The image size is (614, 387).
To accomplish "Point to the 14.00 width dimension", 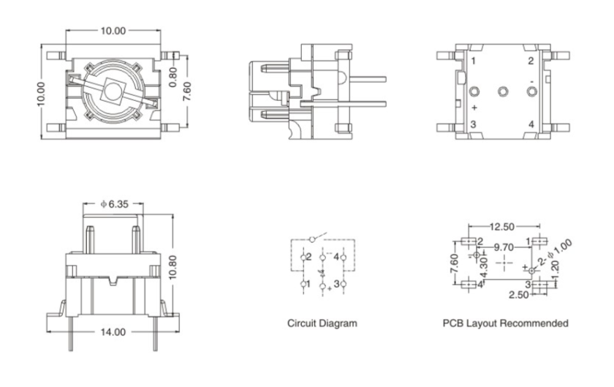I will (x=113, y=331).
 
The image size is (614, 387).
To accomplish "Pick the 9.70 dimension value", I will (x=505, y=247).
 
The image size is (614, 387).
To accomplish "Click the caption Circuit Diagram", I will (x=322, y=323).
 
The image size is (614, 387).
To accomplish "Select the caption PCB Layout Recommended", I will (x=506, y=323).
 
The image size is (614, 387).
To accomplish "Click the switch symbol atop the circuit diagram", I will (x=313, y=239).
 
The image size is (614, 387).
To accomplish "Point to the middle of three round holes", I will (x=502, y=91).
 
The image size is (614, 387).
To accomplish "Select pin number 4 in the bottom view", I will (x=531, y=124).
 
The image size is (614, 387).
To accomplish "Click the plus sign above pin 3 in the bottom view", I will (x=474, y=108).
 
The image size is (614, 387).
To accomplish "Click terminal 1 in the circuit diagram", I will (x=305, y=283).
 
